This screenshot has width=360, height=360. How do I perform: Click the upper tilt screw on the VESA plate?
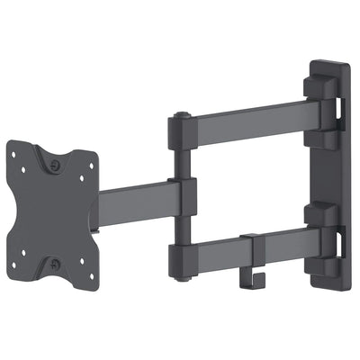click(x=57, y=166)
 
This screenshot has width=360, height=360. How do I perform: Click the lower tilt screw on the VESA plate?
click(x=57, y=263)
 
